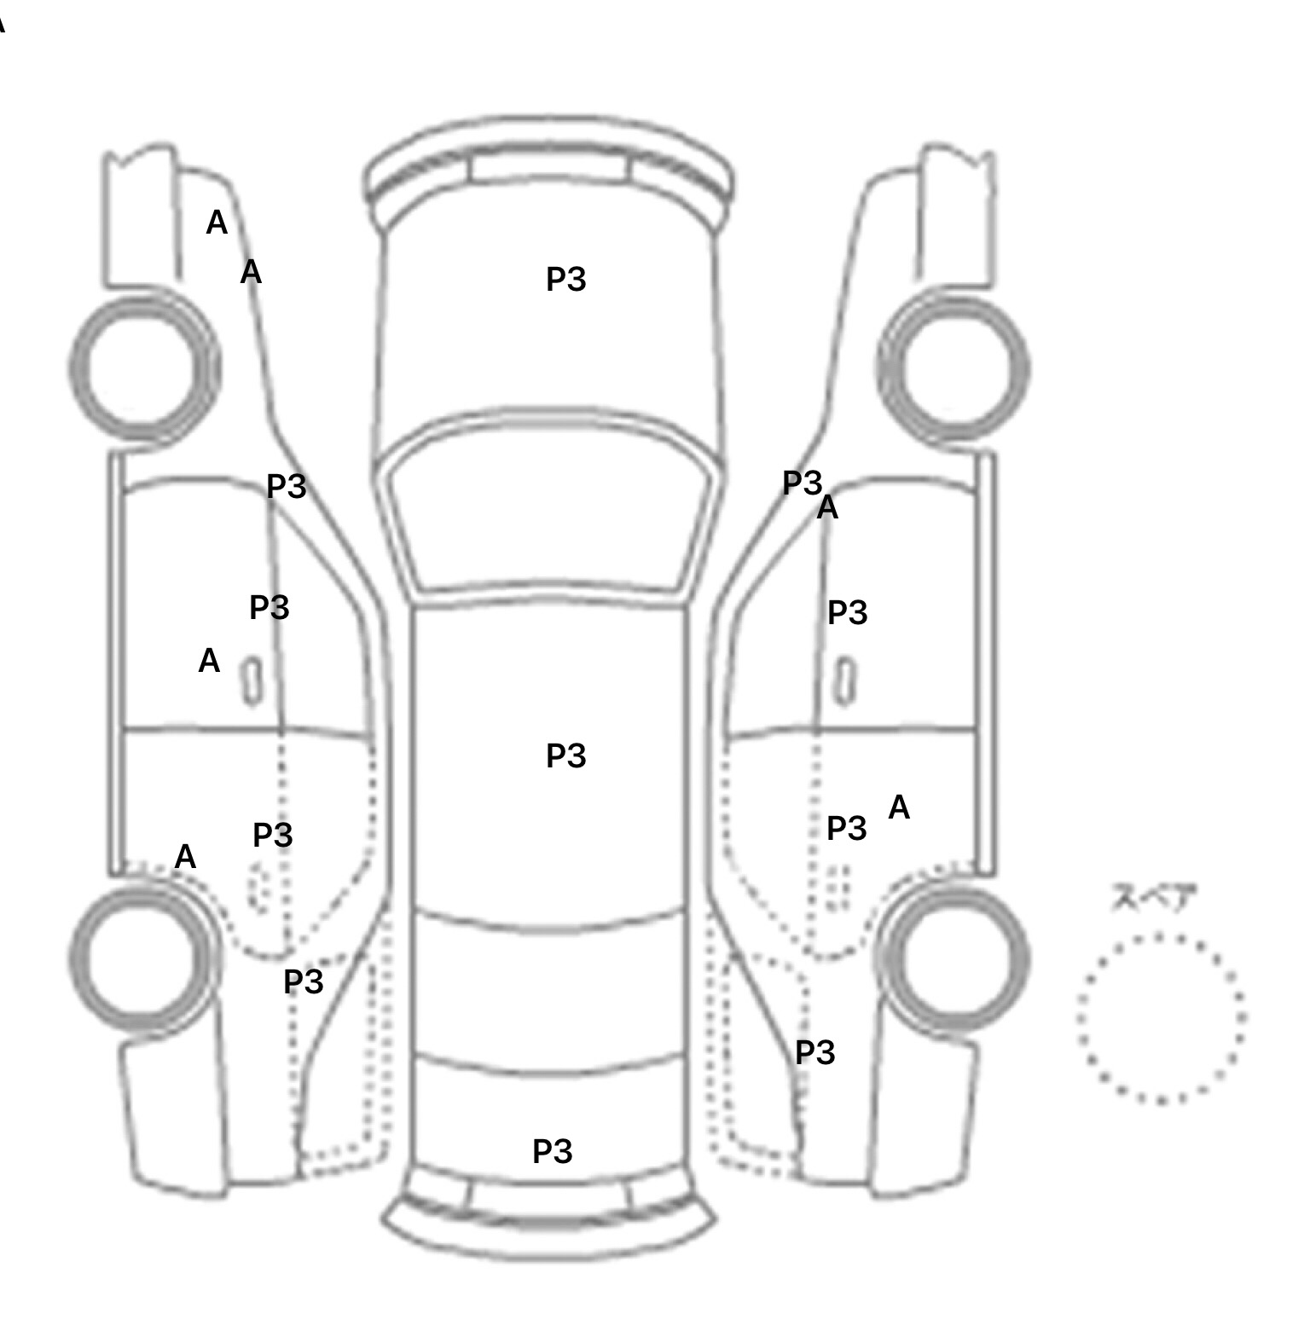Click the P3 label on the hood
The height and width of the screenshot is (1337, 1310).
pos(566,280)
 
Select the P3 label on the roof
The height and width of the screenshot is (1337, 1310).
pos(566,755)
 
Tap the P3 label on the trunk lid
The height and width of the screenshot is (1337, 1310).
pos(553,1151)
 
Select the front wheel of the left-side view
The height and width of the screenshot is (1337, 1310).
pos(143,367)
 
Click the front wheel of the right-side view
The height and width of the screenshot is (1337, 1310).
pos(954,368)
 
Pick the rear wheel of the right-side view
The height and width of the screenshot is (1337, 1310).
pos(954,957)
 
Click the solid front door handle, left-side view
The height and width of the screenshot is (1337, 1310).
pos(252,680)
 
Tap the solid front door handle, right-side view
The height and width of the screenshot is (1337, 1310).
pos(844,680)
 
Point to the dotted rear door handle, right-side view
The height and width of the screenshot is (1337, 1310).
pos(839,887)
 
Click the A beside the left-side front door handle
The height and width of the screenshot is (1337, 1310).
pos(209,661)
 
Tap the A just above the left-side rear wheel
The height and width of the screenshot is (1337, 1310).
pos(185,857)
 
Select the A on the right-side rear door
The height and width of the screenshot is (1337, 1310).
pos(899,807)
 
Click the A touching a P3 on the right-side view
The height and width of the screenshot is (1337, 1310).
pos(827,508)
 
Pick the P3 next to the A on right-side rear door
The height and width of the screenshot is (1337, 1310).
pos(847,828)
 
